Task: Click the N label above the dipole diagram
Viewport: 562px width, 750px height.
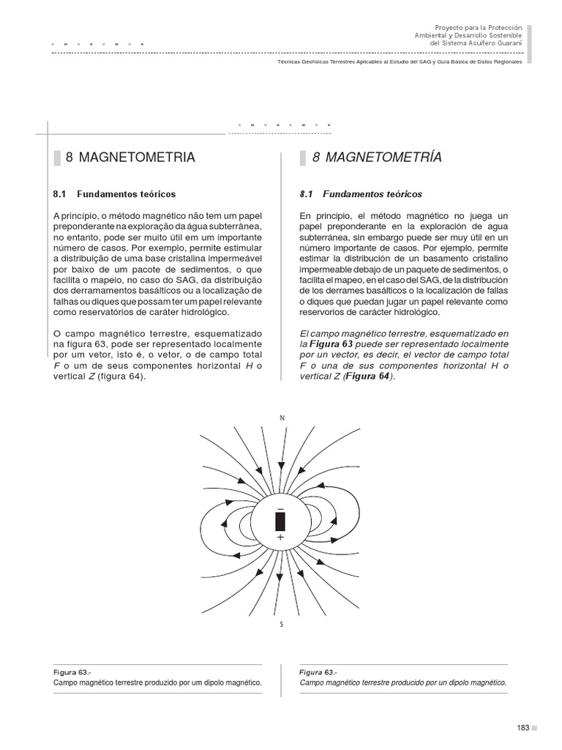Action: [x=282, y=417]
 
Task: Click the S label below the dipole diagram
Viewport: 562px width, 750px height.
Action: [x=282, y=624]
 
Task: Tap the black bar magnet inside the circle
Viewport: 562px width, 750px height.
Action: [x=280, y=521]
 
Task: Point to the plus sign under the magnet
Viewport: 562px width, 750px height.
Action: [x=280, y=537]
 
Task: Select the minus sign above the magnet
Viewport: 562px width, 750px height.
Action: [x=280, y=507]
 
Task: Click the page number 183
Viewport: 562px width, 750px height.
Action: [x=522, y=727]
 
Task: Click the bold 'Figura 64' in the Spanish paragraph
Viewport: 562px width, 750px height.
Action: [x=370, y=376]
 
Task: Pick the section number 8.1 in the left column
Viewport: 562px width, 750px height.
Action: [x=60, y=194]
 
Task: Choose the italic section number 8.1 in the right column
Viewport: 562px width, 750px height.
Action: [x=306, y=194]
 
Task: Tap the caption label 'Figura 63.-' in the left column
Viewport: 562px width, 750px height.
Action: [x=72, y=672]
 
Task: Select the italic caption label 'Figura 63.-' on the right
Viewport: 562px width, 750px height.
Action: [x=318, y=672]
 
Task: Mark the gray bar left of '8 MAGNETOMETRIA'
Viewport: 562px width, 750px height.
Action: [x=56, y=157]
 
